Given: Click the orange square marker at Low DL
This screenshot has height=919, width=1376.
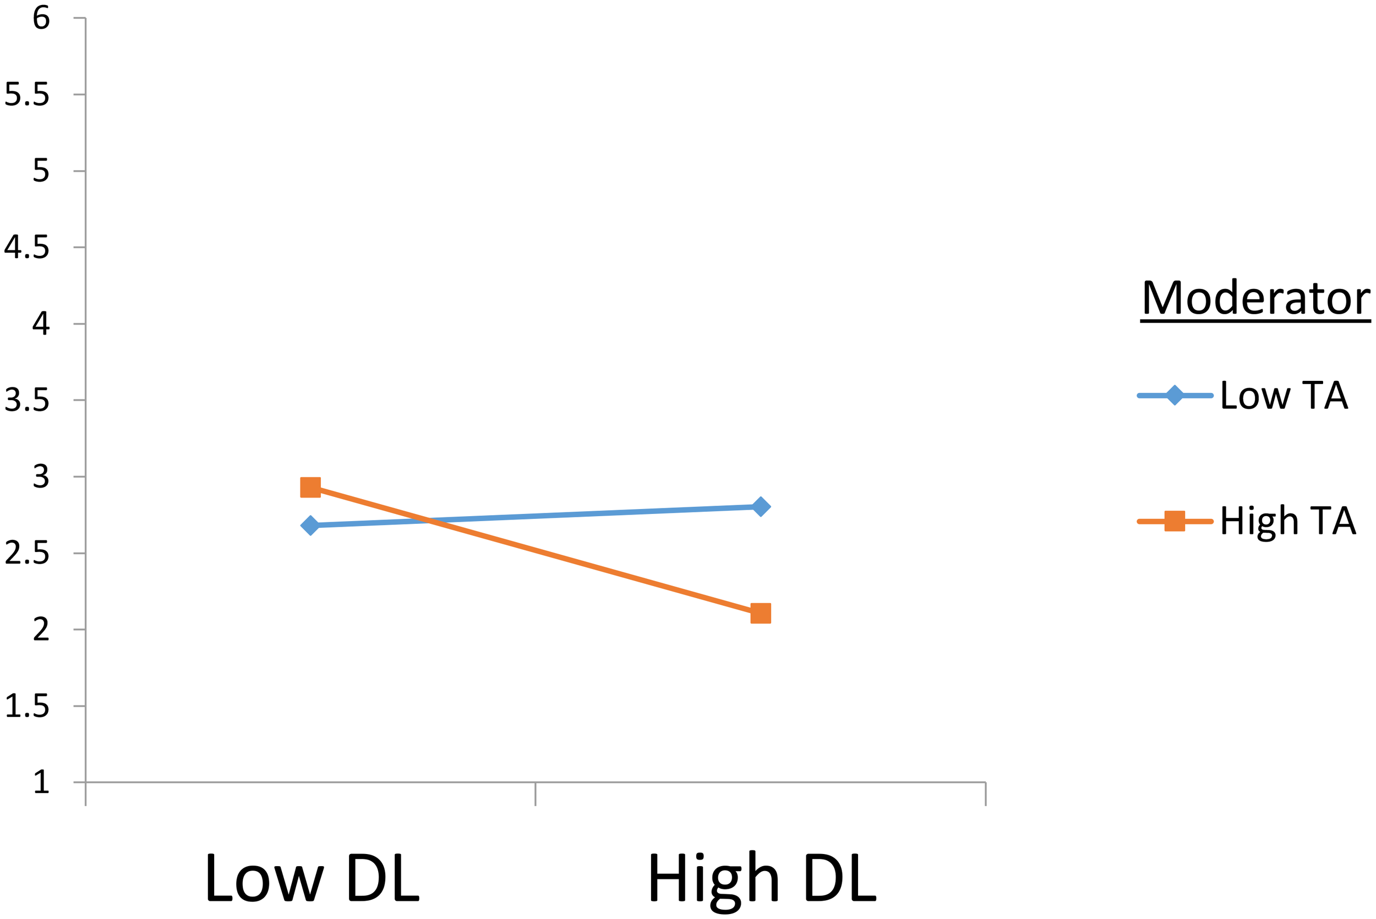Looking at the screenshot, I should click(x=310, y=487).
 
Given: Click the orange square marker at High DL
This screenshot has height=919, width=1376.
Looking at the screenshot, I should click(x=760, y=614).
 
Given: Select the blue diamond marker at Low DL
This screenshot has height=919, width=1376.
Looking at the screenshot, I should click(x=310, y=526).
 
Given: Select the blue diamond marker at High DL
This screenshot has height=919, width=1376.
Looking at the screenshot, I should click(x=760, y=506).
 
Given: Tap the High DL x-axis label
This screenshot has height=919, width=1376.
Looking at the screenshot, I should click(x=761, y=879).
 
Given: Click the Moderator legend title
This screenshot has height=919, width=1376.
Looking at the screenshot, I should click(x=1255, y=298).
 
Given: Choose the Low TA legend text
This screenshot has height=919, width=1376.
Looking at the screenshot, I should click(x=1284, y=395).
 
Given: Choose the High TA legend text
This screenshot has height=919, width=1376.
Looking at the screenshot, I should click(x=1288, y=521).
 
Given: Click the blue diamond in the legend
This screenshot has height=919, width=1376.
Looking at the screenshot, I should click(x=1175, y=396).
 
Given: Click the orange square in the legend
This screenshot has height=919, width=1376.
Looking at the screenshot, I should click(x=1175, y=521).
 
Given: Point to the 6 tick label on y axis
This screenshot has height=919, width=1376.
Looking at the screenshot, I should click(x=41, y=18).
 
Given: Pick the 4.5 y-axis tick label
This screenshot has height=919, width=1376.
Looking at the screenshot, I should click(x=27, y=247).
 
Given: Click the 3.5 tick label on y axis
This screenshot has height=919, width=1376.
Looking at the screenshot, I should click(x=27, y=400).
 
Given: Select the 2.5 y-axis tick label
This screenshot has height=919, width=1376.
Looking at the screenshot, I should click(x=27, y=553).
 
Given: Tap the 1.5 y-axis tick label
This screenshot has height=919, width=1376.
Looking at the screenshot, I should click(x=27, y=706).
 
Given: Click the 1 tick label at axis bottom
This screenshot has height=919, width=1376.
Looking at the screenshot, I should click(x=41, y=783).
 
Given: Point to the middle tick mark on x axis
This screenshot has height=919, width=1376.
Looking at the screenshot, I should click(x=535, y=794).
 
